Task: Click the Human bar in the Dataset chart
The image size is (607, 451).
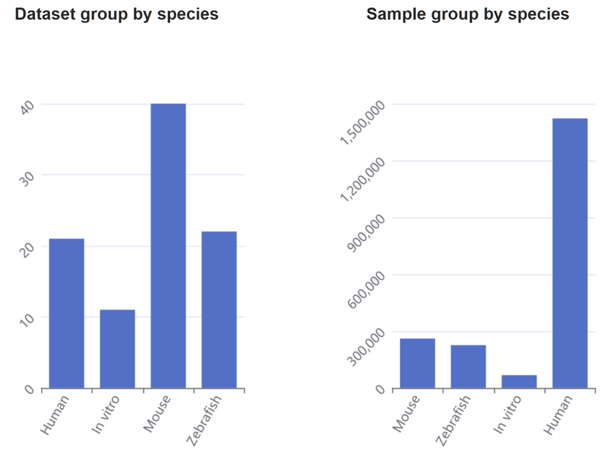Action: point(66,313)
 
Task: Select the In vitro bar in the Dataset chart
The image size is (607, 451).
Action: point(117,349)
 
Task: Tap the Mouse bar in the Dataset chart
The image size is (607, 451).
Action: point(168,246)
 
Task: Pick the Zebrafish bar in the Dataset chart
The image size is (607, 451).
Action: point(219,310)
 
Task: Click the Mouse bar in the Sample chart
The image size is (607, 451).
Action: point(417,363)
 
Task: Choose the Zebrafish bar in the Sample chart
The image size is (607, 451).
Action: point(468,367)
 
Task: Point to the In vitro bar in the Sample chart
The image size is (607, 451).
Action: point(519,382)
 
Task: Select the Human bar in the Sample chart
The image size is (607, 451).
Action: point(570,254)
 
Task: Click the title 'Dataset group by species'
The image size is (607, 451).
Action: point(116,14)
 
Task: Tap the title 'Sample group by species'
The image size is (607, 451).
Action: point(468,14)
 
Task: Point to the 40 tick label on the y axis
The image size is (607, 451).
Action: point(27,108)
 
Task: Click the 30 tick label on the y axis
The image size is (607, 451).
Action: point(27,178)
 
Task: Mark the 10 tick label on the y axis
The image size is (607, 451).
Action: point(27,320)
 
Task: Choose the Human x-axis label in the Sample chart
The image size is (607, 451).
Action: point(558,415)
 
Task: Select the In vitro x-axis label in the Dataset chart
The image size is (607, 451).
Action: point(106,414)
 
